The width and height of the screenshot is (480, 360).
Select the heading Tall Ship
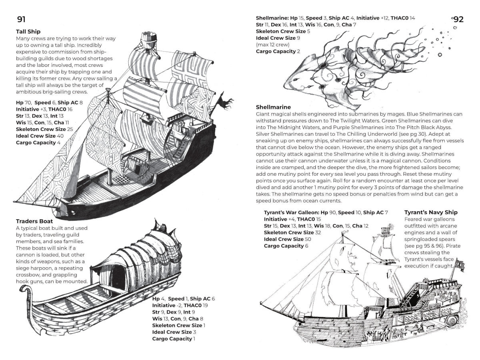(x=28, y=32)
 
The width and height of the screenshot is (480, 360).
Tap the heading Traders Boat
(x=34, y=221)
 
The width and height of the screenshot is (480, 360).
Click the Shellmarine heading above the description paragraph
(x=273, y=107)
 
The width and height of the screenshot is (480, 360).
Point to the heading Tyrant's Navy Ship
(x=431, y=212)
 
